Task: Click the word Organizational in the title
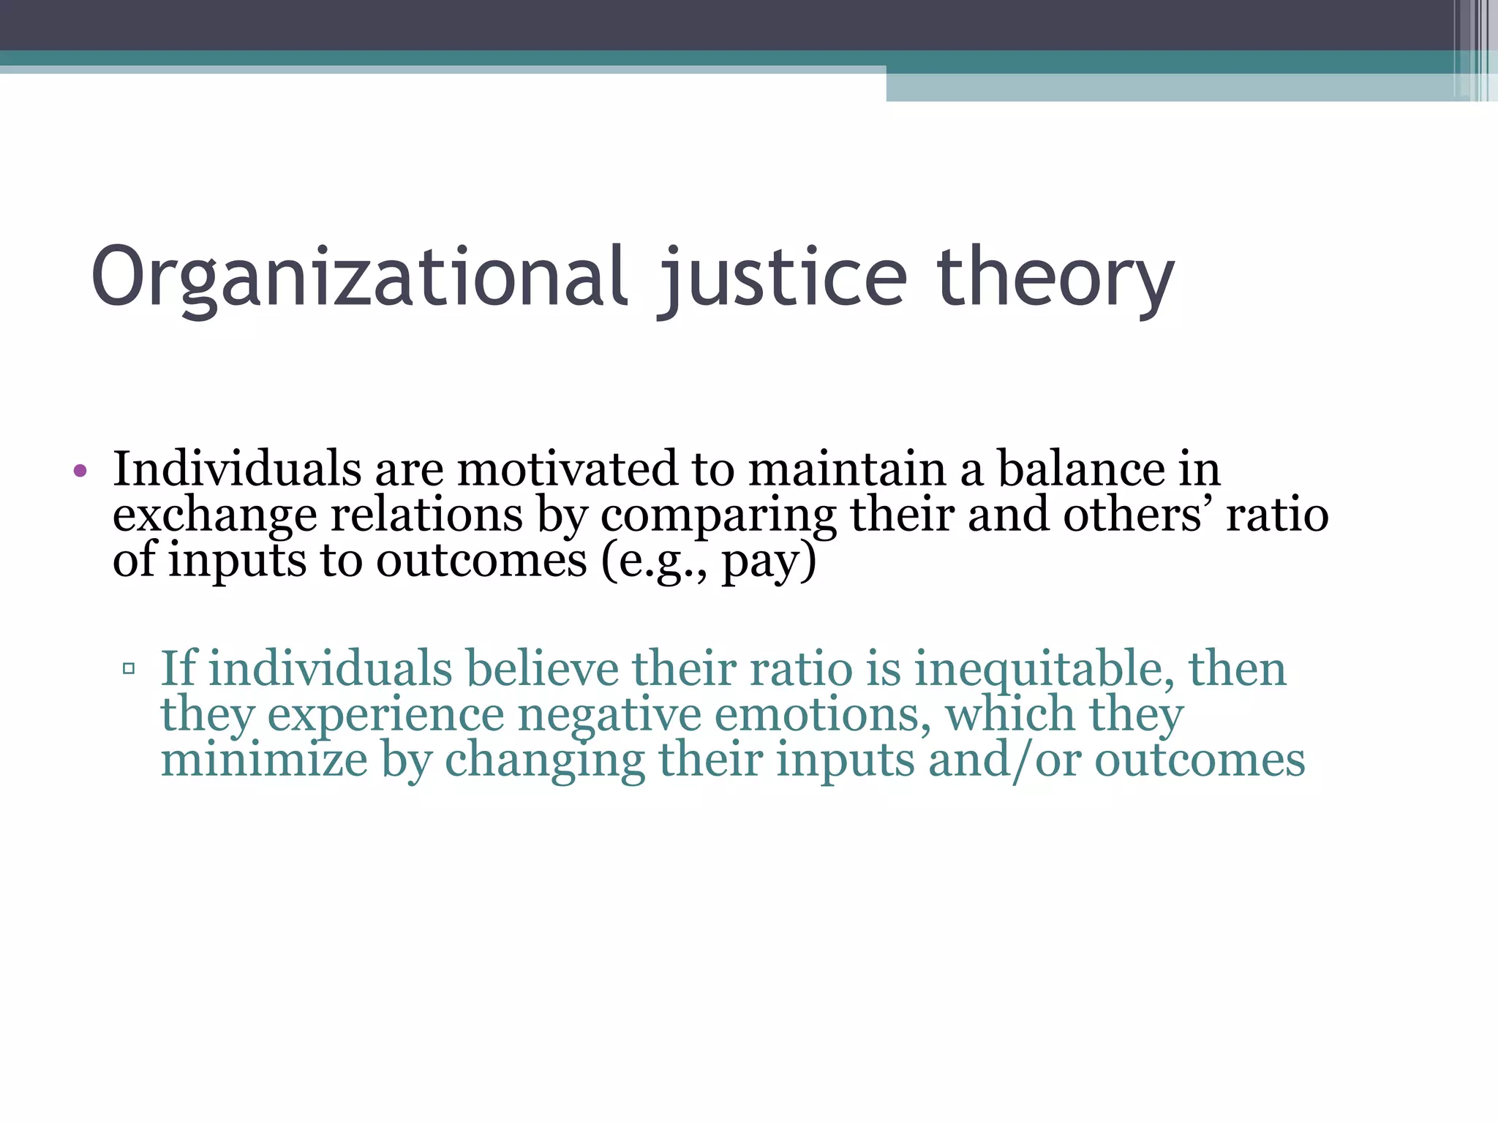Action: pyautogui.click(x=358, y=278)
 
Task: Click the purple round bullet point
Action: pyautogui.click(x=80, y=471)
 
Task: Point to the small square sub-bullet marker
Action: pyautogui.click(x=129, y=668)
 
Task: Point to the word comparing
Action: pyautogui.click(x=718, y=515)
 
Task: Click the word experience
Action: pyautogui.click(x=385, y=715)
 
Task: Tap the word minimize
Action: pyautogui.click(x=264, y=760)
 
